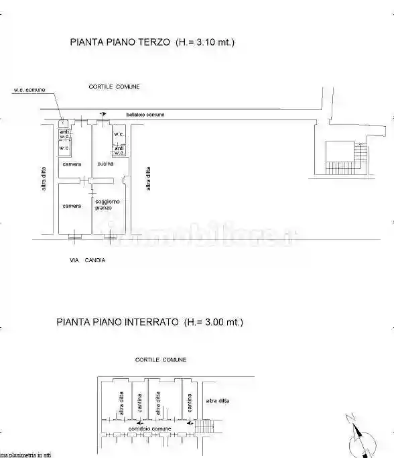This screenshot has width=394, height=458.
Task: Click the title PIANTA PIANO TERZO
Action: click(x=121, y=42)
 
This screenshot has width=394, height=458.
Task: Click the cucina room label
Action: click(x=105, y=164)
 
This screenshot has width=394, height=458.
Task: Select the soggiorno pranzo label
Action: click(x=107, y=205)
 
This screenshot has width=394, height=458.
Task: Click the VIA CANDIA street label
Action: click(x=87, y=260)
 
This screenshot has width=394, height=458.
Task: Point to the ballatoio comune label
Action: click(x=145, y=115)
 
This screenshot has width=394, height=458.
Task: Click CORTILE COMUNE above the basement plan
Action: click(x=160, y=360)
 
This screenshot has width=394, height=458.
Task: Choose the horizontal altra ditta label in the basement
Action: click(x=218, y=401)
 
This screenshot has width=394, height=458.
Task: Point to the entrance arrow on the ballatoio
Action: click(x=102, y=115)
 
